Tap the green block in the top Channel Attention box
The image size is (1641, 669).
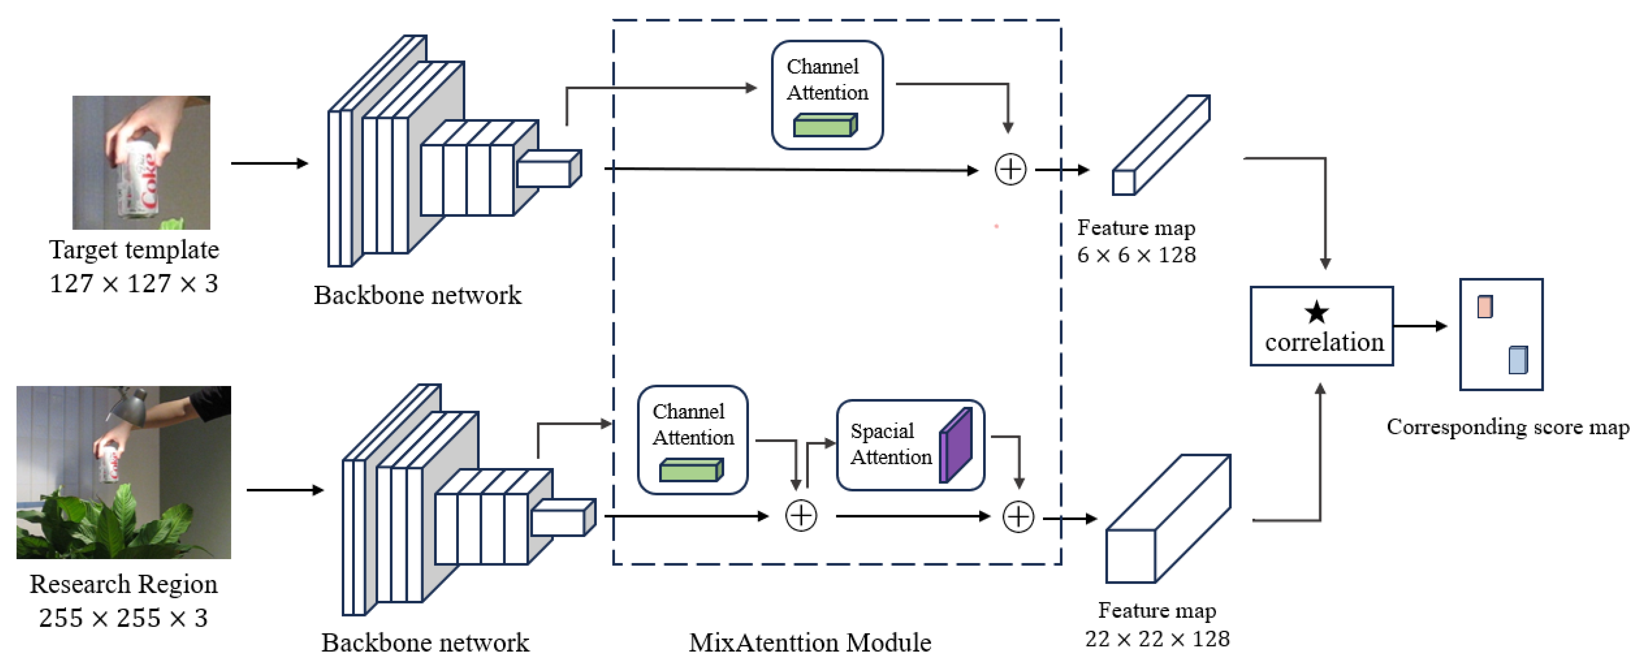tap(824, 126)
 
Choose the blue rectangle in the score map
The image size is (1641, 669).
tap(1517, 360)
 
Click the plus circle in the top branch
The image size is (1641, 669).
tap(1010, 169)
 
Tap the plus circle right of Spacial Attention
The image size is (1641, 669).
tap(1018, 517)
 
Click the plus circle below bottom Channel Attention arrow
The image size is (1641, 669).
tap(801, 515)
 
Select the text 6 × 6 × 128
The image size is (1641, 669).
tap(1136, 255)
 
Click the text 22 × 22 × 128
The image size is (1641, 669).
tap(1157, 638)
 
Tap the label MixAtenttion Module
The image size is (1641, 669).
tap(810, 642)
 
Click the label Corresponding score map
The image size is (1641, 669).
tap(1507, 427)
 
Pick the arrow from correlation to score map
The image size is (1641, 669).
tap(1419, 326)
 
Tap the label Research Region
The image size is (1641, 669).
tap(124, 584)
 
